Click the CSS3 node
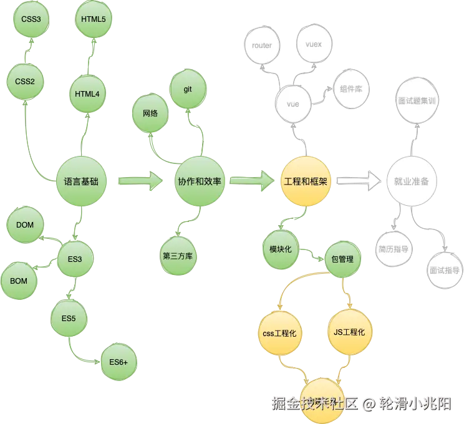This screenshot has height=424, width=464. [x=31, y=19]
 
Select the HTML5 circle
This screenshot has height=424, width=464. [x=94, y=19]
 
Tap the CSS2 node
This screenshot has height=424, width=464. [x=25, y=81]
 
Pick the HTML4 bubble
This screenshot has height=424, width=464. [x=87, y=94]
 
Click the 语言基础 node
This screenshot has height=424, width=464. [x=81, y=181]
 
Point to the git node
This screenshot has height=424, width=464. [x=187, y=89]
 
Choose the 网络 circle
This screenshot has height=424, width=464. [x=150, y=113]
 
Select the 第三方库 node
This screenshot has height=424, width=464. [x=178, y=256]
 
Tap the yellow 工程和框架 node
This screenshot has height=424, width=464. [x=306, y=181]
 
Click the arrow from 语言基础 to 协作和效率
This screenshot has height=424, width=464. [x=140, y=181]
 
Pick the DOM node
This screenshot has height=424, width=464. [x=25, y=225]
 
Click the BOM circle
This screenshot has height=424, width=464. [x=19, y=281]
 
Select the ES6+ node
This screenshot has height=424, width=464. [x=118, y=362]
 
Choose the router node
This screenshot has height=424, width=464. [x=262, y=46]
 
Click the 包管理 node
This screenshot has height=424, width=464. [x=342, y=258]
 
